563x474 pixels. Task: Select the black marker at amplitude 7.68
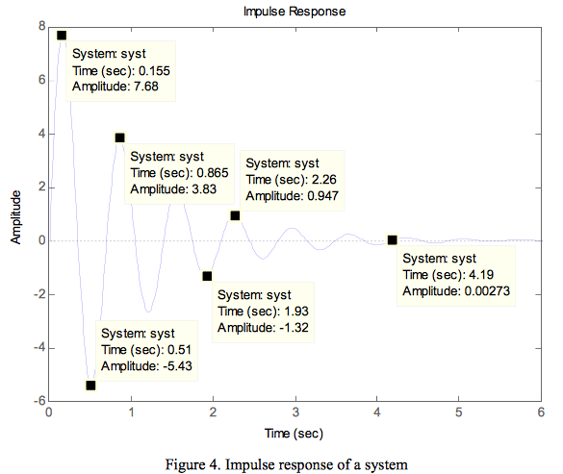tap(62, 36)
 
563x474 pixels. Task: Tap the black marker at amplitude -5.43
tap(90, 386)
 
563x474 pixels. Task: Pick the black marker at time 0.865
tap(119, 137)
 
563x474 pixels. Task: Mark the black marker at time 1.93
tap(207, 276)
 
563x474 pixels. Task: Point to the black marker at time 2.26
tap(235, 215)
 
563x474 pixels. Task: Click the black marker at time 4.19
tap(393, 239)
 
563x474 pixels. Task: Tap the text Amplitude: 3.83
tap(173, 189)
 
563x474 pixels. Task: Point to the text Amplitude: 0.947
tap(293, 195)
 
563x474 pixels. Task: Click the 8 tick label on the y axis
tap(40, 26)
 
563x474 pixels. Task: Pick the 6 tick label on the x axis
tap(542, 414)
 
